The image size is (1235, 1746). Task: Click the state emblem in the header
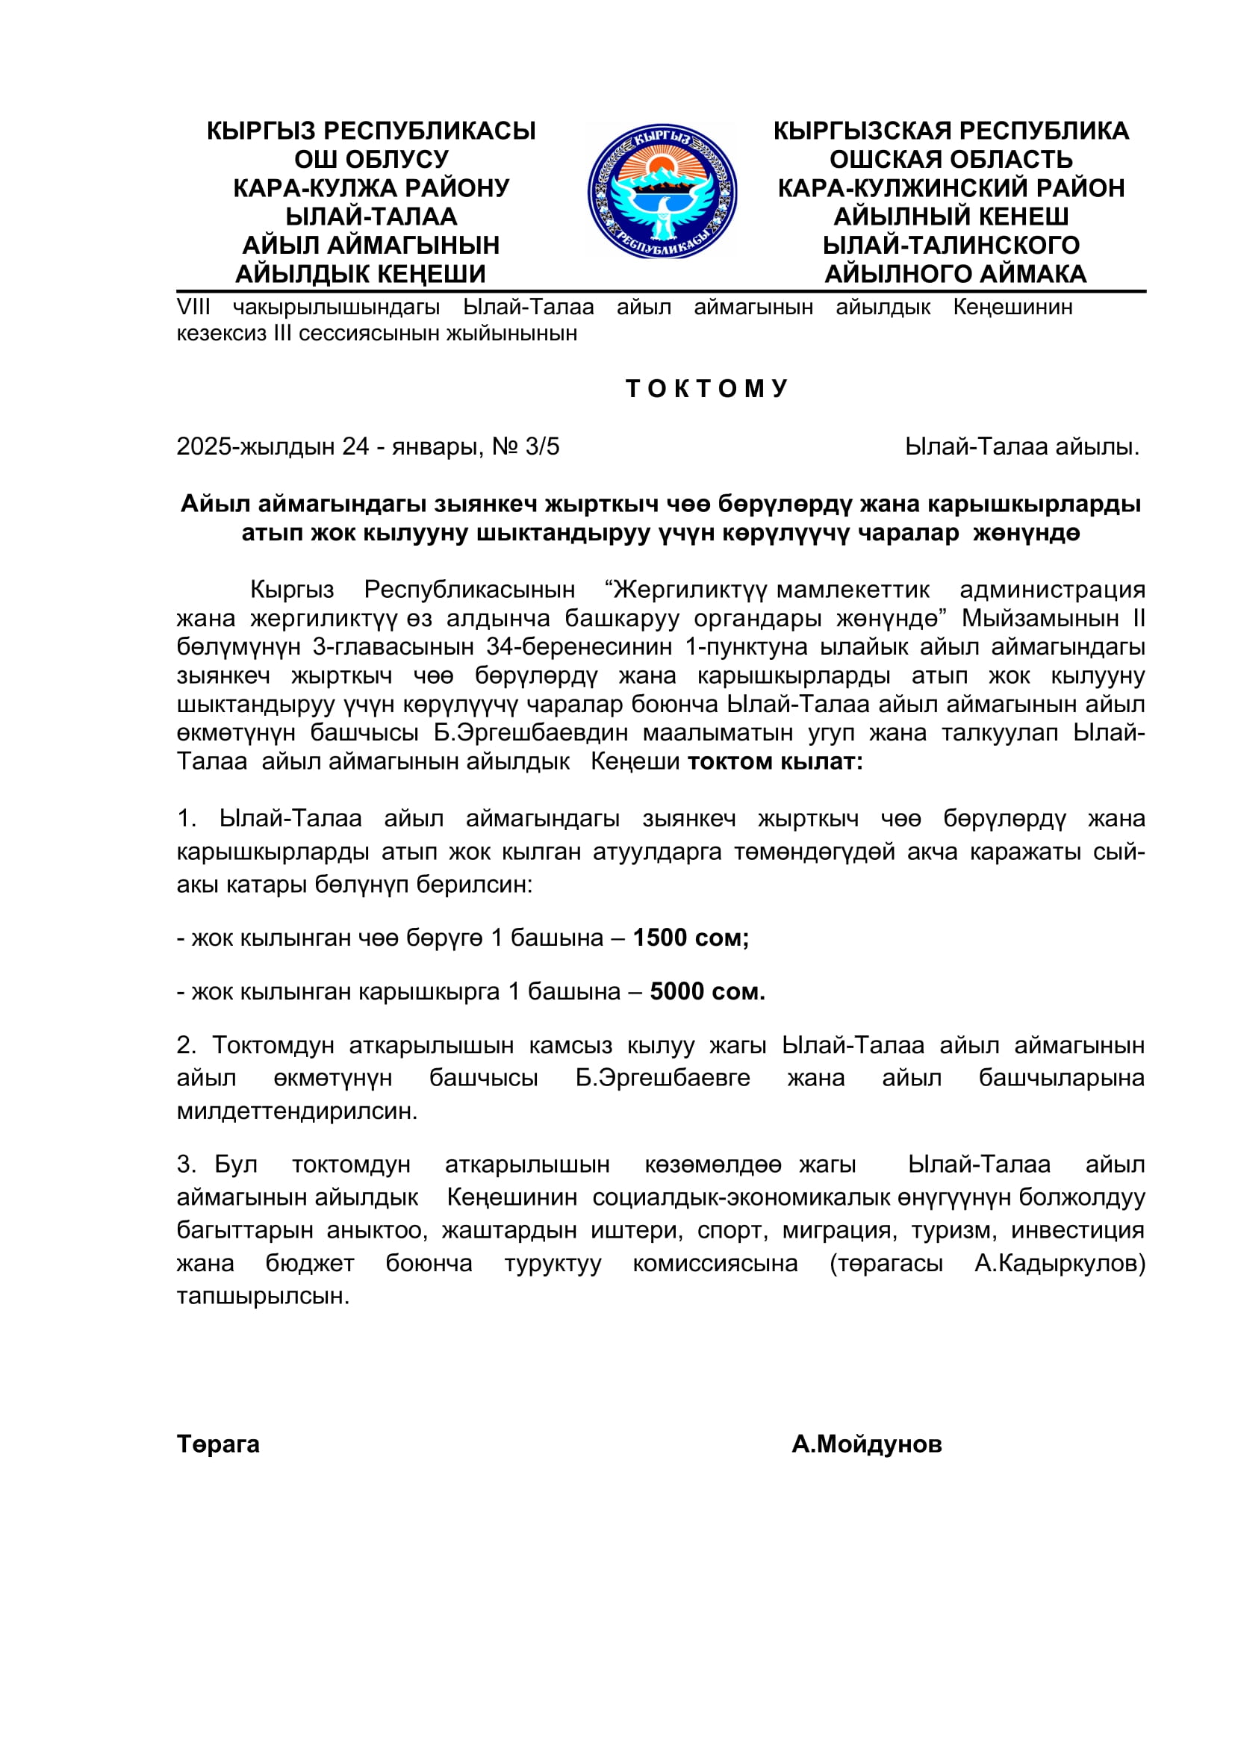(662, 192)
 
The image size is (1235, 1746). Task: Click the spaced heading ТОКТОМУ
(706, 389)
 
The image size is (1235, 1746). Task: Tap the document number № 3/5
(526, 446)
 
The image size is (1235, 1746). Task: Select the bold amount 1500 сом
(691, 938)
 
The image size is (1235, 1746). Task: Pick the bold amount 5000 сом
(707, 991)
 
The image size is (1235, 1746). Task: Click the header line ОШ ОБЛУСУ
(371, 160)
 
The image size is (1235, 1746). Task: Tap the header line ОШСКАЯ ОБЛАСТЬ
(951, 160)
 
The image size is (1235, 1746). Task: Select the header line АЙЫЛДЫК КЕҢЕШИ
(361, 274)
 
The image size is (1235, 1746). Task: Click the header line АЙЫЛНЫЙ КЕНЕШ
(951, 216)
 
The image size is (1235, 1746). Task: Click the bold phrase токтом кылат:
(775, 761)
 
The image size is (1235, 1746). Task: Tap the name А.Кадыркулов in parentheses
(1059, 1263)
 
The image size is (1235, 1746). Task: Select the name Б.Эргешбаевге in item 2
(662, 1078)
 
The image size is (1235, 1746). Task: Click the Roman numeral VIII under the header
(193, 308)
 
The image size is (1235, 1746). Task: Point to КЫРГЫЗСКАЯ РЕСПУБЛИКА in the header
(951, 131)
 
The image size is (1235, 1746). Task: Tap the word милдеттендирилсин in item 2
(296, 1111)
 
